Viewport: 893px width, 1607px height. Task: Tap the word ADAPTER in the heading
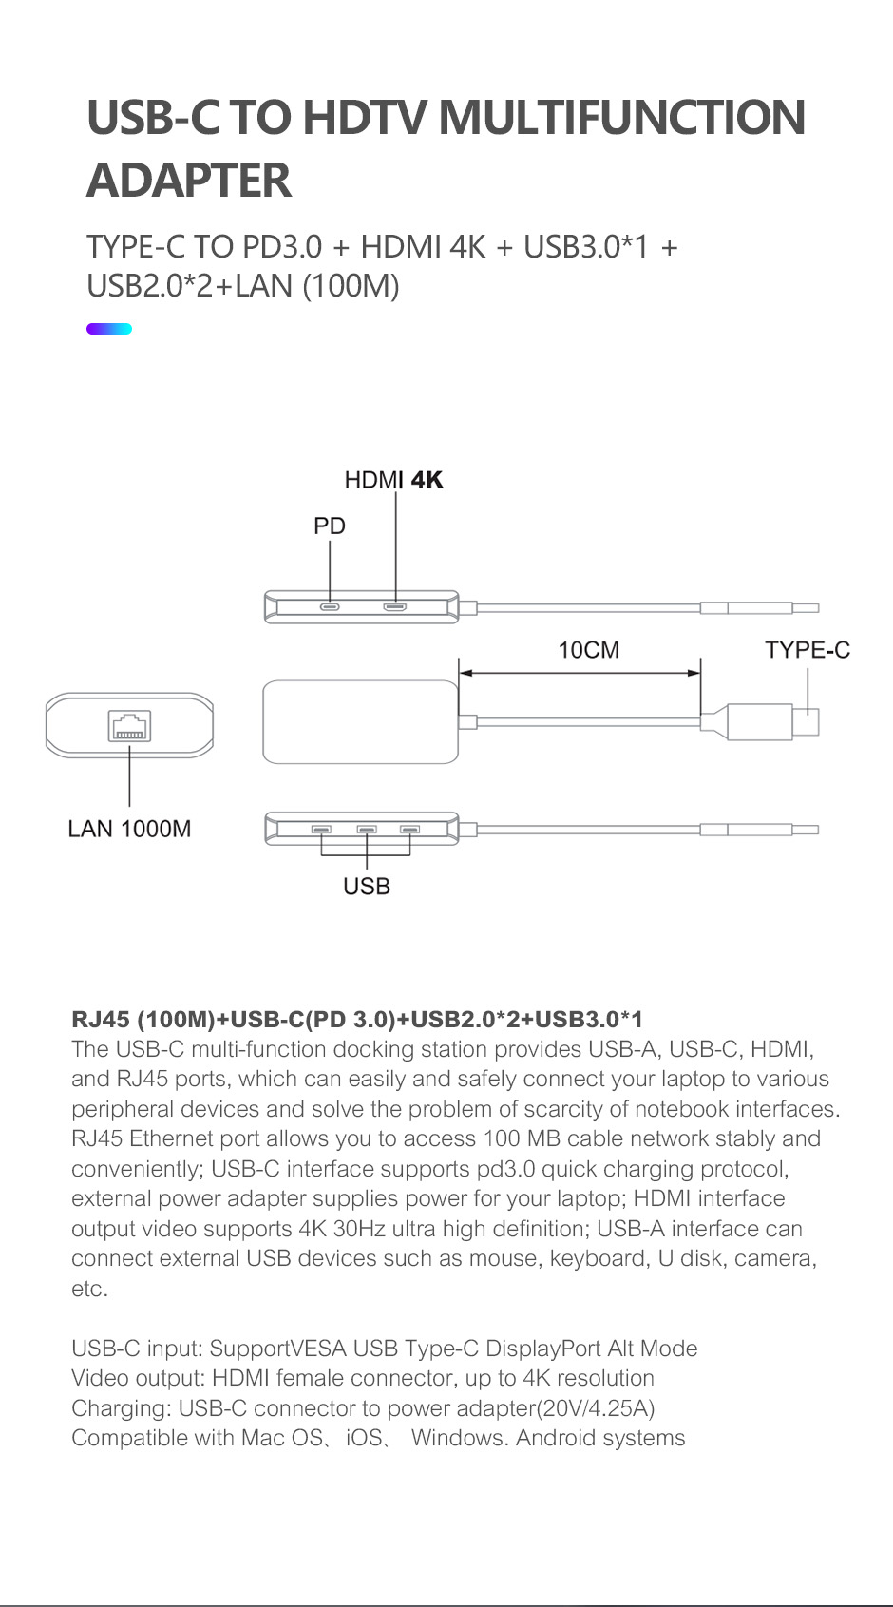188,181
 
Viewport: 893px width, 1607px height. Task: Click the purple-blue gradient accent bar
109,329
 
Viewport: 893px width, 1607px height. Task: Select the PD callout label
330,526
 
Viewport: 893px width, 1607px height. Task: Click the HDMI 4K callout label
393,480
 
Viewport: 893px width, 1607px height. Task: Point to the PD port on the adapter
330,606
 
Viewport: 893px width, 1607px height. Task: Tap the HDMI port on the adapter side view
395,606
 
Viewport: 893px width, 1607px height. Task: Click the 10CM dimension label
588,650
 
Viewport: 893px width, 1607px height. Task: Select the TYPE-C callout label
807,650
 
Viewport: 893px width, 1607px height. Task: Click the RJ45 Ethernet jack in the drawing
129,727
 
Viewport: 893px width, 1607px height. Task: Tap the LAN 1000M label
129,829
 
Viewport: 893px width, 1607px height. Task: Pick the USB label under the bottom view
367,886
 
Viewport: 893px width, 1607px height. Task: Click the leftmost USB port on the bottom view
322,830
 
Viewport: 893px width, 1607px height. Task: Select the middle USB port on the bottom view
367,830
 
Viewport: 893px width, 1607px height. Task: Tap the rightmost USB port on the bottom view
410,830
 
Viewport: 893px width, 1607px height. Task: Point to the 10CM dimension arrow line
579,673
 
